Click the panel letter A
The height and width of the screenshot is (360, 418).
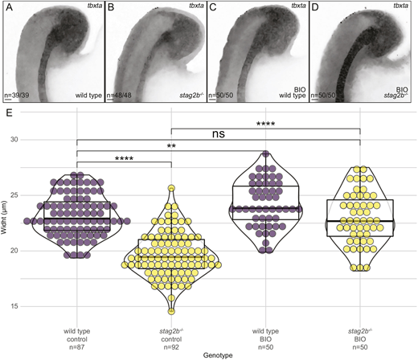pyautogui.click(x=9, y=7)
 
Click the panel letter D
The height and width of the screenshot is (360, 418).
pyautogui.click(x=315, y=7)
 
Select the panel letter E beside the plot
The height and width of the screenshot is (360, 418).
pyautogui.click(x=9, y=113)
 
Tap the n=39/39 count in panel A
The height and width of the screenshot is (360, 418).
pyautogui.click(x=17, y=96)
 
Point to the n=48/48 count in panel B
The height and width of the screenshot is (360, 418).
pyautogui.click(x=119, y=96)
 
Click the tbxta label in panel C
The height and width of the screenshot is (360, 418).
pyautogui.click(x=298, y=6)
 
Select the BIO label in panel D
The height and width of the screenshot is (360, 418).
pyautogui.click(x=402, y=89)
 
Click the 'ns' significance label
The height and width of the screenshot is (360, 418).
pyautogui.click(x=219, y=133)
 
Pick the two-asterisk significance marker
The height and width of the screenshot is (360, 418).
pyautogui.click(x=171, y=146)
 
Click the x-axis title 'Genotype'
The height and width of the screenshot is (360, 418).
pyautogui.click(x=218, y=355)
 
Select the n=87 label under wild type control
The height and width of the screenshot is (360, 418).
pyautogui.click(x=77, y=347)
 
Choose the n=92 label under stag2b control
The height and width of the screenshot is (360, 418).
pyautogui.click(x=171, y=347)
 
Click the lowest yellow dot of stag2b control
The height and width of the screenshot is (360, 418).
pyautogui.click(x=171, y=311)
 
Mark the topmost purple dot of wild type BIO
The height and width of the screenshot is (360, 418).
pyautogui.click(x=266, y=153)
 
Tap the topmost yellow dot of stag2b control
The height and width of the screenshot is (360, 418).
pyautogui.click(x=171, y=188)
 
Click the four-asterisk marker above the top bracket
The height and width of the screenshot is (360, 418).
pyautogui.click(x=265, y=124)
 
